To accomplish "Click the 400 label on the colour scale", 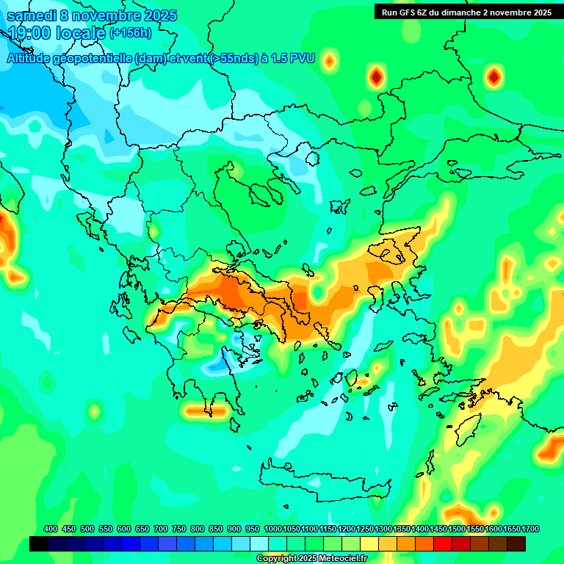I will (x=51, y=529).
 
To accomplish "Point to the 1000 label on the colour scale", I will (x=272, y=529).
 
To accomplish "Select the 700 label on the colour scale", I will (x=161, y=529).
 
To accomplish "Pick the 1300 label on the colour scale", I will (x=383, y=529).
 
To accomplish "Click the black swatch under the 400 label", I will (x=39, y=544).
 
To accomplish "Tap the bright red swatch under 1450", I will (x=443, y=544).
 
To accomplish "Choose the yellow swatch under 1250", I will (x=369, y=544).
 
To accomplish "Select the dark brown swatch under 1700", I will (x=516, y=544).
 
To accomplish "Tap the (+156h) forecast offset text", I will (x=131, y=33).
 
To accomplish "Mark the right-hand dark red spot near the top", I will (x=494, y=75).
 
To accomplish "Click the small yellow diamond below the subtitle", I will (x=329, y=61).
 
